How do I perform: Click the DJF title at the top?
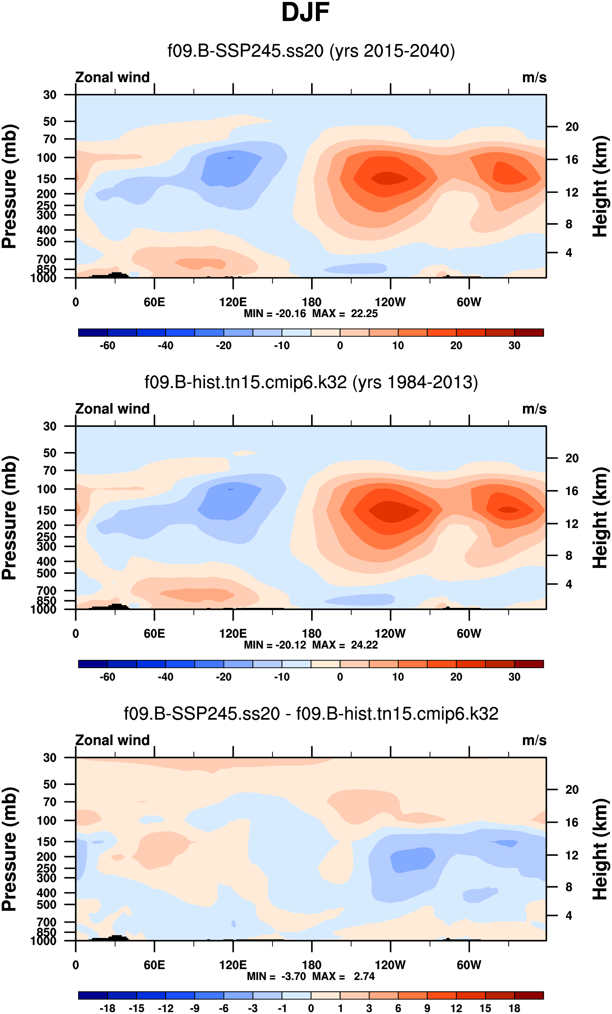click(x=305, y=13)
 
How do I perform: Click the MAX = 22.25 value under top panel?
click(x=345, y=314)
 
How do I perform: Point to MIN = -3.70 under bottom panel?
click(x=276, y=976)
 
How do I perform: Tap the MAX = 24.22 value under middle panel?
click(x=345, y=645)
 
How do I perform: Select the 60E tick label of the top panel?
click(x=155, y=302)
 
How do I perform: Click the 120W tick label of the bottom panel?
click(x=390, y=965)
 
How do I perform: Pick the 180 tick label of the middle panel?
click(x=312, y=634)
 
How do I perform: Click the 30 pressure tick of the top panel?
click(x=50, y=95)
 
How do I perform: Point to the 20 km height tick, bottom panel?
click(x=572, y=790)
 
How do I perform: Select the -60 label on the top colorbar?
click(x=107, y=346)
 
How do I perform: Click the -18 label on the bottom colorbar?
click(x=107, y=1008)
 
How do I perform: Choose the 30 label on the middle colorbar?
click(x=514, y=677)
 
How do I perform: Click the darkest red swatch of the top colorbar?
click(x=529, y=332)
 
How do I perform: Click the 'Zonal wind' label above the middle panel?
click(x=113, y=409)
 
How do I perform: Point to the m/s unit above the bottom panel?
click(x=534, y=740)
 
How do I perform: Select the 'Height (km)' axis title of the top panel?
click(x=600, y=187)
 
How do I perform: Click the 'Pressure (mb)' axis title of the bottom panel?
click(x=9, y=849)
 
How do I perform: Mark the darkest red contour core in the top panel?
click(x=389, y=178)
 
